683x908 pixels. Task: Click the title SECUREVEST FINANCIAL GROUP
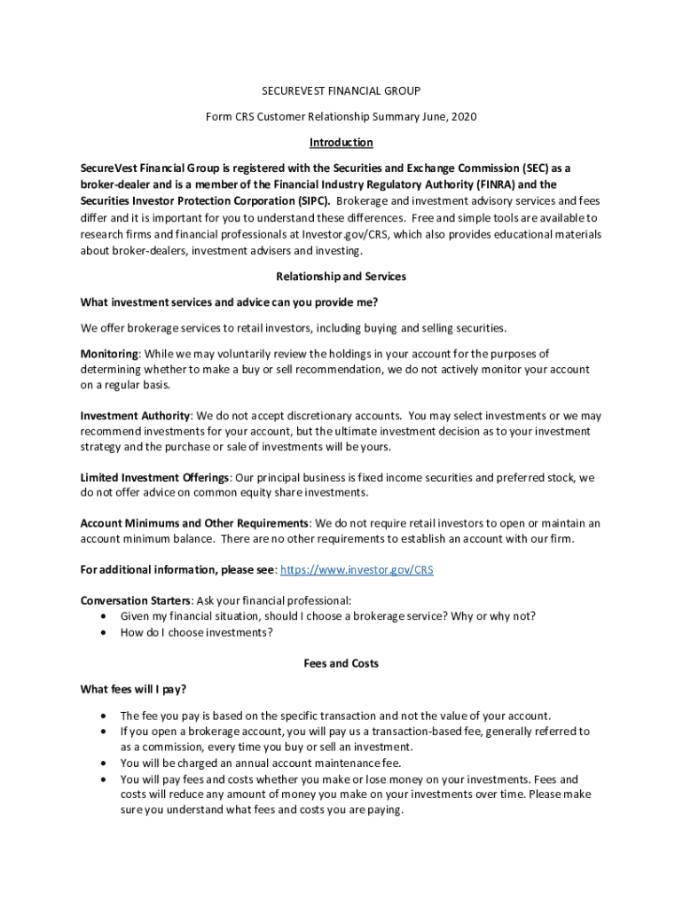pyautogui.click(x=341, y=90)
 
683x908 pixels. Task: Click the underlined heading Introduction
pyautogui.click(x=341, y=143)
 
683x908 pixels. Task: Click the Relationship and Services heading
pyautogui.click(x=341, y=277)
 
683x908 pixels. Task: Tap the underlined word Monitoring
pyautogui.click(x=109, y=353)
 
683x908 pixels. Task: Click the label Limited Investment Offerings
pyautogui.click(x=154, y=478)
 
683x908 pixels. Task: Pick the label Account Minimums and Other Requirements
pyautogui.click(x=194, y=523)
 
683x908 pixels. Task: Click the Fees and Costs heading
pyautogui.click(x=341, y=663)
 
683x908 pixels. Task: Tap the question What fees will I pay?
pyautogui.click(x=133, y=689)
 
